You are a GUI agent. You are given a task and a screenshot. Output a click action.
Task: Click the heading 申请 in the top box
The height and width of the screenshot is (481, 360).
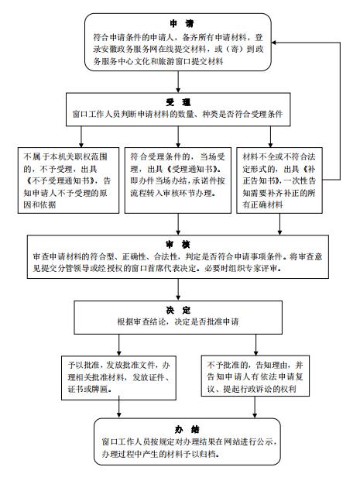tap(182, 23)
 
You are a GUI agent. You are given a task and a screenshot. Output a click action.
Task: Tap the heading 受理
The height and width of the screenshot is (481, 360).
tap(178, 101)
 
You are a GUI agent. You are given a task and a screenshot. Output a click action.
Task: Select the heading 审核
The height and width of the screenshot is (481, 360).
tap(178, 244)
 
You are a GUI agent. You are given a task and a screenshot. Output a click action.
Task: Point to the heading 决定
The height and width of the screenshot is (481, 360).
tap(178, 310)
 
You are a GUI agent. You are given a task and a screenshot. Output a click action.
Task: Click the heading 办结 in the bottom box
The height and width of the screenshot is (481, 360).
tap(187, 429)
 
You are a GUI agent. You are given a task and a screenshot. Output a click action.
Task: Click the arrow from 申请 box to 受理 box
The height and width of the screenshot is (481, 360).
tap(178, 82)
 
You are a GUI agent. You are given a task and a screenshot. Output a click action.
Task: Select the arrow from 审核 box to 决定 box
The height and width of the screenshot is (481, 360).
tap(178, 289)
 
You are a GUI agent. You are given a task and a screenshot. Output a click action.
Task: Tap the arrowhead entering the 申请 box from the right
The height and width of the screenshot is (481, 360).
tap(274, 43)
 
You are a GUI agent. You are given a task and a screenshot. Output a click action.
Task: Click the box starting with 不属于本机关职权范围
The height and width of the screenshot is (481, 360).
tap(68, 180)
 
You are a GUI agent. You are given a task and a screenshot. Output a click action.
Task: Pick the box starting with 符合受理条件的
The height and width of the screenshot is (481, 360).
tap(178, 180)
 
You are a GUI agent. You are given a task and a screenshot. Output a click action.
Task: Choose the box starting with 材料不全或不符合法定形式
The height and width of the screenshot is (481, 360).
tap(279, 180)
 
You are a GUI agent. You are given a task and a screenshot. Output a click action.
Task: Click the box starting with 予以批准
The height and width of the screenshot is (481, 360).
tap(118, 378)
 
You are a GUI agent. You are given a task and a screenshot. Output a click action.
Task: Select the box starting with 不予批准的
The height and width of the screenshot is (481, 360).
tap(255, 376)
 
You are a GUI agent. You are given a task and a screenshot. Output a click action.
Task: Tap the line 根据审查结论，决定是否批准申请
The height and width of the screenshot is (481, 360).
tap(178, 321)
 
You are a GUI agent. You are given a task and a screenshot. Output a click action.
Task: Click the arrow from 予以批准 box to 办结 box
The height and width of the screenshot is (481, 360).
tap(119, 407)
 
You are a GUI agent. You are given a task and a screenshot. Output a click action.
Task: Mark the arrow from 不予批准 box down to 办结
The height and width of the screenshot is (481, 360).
tap(255, 407)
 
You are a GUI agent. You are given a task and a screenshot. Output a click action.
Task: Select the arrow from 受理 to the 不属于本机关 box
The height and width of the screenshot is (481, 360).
tap(81, 137)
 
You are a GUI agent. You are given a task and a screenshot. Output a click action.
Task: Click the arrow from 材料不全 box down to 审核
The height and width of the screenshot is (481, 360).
tap(279, 225)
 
